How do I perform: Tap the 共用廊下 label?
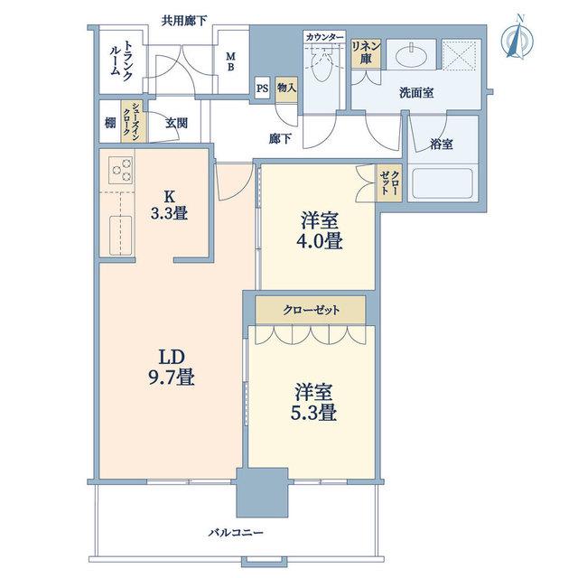(183, 21)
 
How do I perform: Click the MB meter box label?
(230, 61)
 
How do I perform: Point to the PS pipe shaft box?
(263, 89)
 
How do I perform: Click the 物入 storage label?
(286, 89)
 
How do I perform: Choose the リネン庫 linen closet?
(365, 53)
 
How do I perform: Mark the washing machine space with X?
(461, 54)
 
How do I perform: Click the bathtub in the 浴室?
(443, 183)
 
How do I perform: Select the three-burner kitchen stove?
(121, 171)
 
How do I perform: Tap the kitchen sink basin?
(120, 235)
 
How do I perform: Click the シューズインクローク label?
(131, 123)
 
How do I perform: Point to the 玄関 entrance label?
(176, 123)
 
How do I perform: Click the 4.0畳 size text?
(319, 241)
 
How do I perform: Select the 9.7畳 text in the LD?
(172, 378)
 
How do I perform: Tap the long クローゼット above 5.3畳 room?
(311, 311)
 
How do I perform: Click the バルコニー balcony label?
(236, 533)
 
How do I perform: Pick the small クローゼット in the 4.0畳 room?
(388, 182)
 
